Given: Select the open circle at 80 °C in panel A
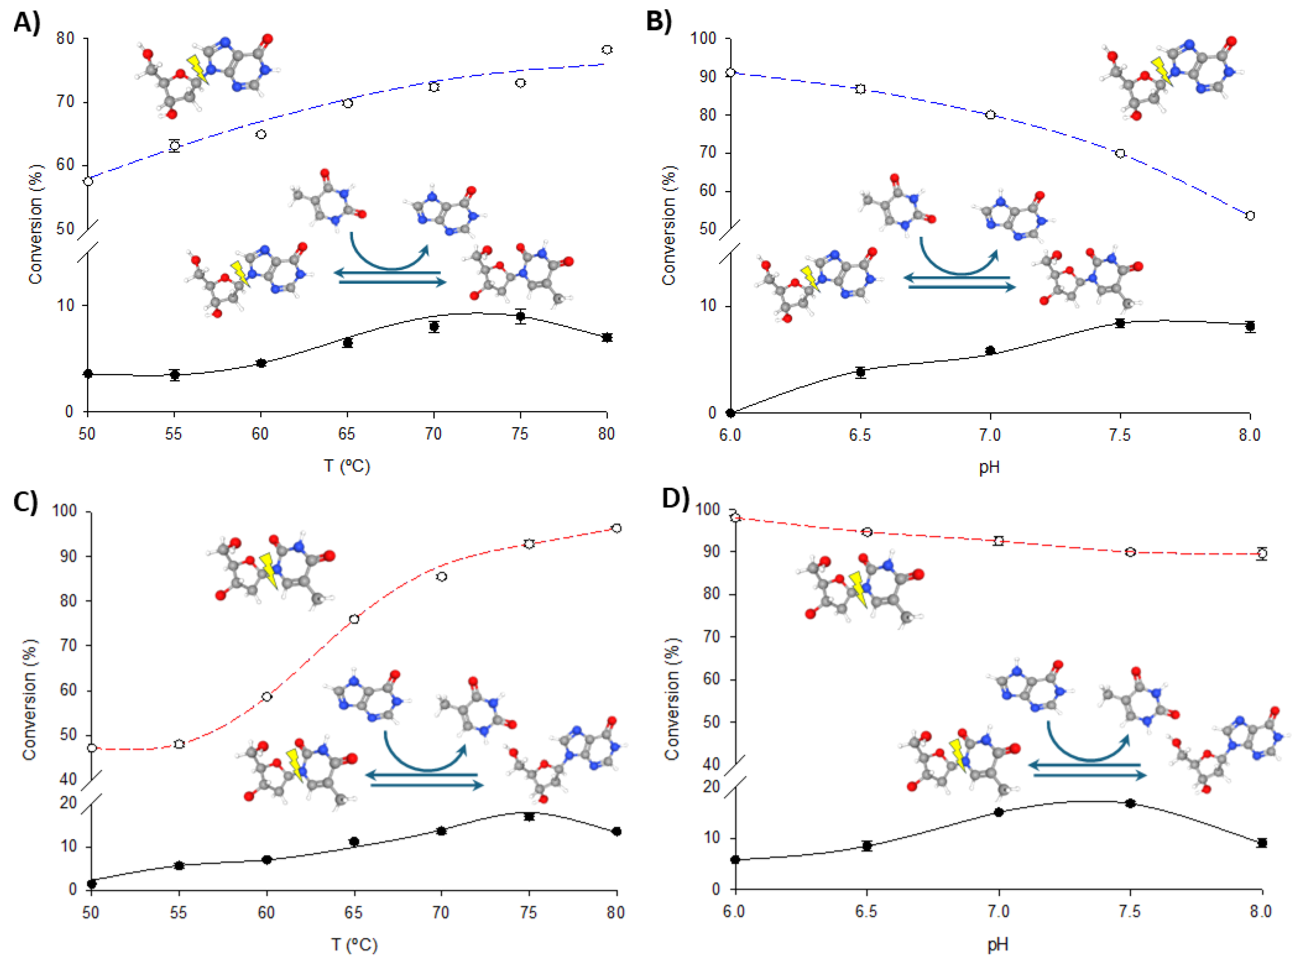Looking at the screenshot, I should [x=607, y=50].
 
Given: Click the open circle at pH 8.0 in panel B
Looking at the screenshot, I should [x=1250, y=215].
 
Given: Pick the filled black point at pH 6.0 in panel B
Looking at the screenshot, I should [x=730, y=413].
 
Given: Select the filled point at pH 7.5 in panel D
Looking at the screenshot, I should [x=1130, y=803].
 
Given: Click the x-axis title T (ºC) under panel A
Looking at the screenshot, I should [x=347, y=466].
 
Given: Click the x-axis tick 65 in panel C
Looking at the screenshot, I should [x=353, y=912].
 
